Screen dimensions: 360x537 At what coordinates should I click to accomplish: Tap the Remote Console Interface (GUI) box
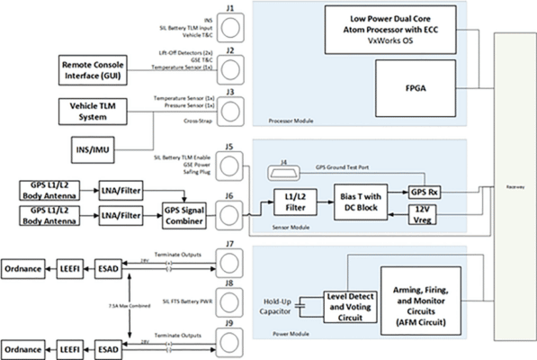pos(97,69)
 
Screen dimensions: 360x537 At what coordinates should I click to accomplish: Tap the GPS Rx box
pos(424,193)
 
